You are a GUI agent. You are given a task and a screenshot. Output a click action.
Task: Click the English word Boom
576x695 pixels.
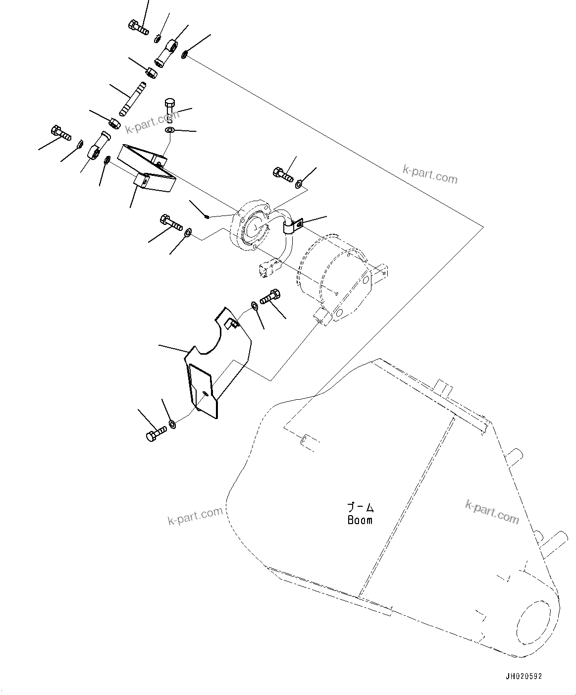360,520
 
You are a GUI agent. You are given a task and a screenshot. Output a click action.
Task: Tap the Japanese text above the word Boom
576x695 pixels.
360,507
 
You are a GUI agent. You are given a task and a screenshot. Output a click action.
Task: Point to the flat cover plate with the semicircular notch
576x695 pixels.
218,362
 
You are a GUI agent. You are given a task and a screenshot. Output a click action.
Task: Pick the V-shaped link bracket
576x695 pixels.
149,168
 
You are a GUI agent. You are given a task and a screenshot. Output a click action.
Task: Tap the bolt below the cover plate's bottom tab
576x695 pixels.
156,434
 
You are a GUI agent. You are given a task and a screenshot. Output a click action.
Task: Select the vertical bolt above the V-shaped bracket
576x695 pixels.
168,108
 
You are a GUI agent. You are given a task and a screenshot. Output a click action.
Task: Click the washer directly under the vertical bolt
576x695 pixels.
169,130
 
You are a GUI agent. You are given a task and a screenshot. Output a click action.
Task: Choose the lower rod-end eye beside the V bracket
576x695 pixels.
97,148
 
